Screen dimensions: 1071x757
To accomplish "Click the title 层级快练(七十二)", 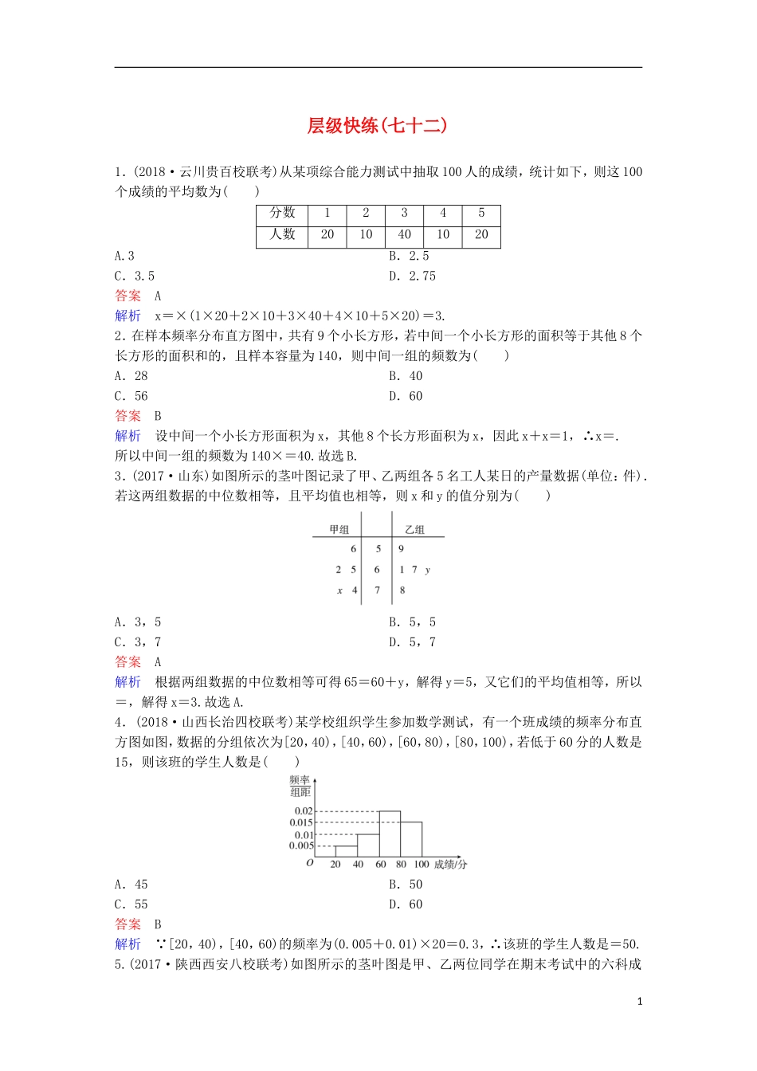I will point(378,126).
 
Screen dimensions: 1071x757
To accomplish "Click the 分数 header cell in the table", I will point(282,214).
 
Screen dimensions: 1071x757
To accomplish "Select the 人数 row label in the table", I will point(282,235).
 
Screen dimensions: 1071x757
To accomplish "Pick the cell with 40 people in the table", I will point(404,235).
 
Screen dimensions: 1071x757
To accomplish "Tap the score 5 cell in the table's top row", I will point(481,214).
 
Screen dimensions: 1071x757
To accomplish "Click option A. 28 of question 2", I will point(131,376).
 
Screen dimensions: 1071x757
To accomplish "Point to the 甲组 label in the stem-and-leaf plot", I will point(339,529).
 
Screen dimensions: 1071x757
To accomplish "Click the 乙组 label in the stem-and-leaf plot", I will point(414,529).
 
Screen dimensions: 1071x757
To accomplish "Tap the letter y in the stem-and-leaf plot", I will point(428,570).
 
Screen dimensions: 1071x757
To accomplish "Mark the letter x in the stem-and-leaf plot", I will point(340,590).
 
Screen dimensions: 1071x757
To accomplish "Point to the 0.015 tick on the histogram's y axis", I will point(301,822).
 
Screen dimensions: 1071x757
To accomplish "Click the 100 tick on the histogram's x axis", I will point(422,864).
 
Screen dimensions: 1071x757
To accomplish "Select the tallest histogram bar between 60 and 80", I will point(389,834).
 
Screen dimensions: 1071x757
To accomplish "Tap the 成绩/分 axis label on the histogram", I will point(451,864).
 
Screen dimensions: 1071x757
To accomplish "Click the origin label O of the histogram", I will point(310,863).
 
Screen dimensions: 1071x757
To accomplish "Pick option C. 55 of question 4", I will point(131,904).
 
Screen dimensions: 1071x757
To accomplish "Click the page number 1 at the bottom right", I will point(640,1002).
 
